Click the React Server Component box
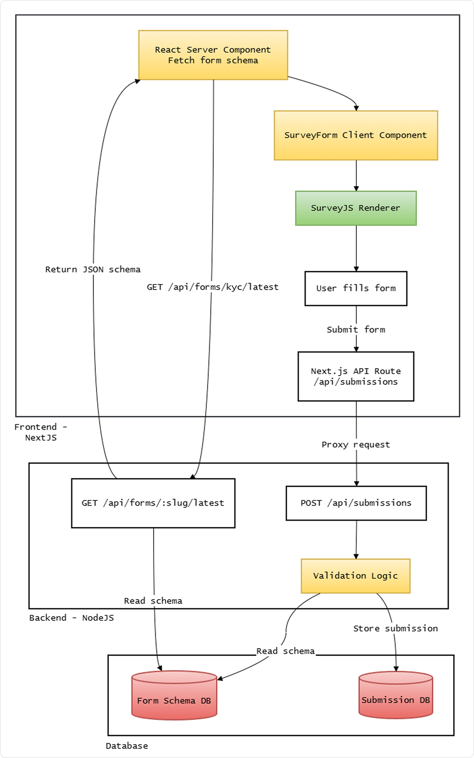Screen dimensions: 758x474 (x=213, y=55)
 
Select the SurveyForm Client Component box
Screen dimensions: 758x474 (x=356, y=135)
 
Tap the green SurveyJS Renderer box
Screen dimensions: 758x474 (x=356, y=208)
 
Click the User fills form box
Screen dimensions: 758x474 (x=356, y=288)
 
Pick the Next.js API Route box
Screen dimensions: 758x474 (x=356, y=376)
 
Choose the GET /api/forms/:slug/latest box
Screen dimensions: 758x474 (x=153, y=503)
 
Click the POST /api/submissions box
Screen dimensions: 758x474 (x=356, y=503)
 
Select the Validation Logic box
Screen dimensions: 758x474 (x=355, y=576)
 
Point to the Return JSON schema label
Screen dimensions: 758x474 (x=93, y=269)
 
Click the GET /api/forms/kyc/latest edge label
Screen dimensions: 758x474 (x=213, y=287)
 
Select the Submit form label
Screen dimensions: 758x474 (x=356, y=330)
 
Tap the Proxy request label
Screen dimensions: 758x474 (x=356, y=445)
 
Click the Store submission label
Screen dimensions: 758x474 (x=395, y=628)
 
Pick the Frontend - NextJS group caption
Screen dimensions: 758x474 (x=41, y=432)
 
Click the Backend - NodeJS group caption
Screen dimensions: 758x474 (x=71, y=618)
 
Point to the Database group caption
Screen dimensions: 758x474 (x=127, y=746)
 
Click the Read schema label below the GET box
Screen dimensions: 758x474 (x=153, y=601)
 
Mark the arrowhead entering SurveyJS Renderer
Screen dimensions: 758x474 (x=356, y=189)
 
